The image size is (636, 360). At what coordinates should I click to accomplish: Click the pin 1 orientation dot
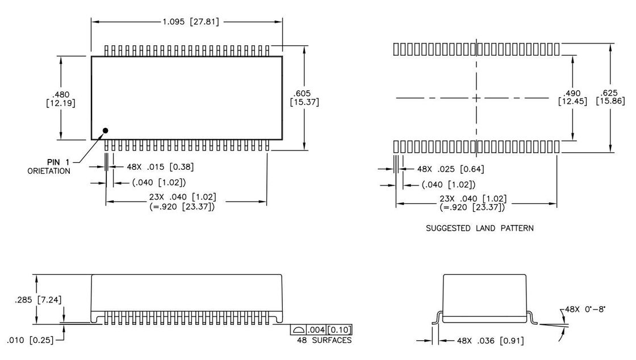tap(105, 131)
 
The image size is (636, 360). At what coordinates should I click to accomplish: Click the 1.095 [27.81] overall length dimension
tap(191, 22)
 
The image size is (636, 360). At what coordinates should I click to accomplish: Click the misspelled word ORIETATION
tap(49, 171)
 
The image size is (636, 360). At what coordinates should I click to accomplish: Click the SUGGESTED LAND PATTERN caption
tap(479, 228)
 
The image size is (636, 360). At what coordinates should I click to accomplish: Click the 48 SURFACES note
tap(324, 340)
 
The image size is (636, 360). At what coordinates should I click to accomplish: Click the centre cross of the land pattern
tap(476, 98)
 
